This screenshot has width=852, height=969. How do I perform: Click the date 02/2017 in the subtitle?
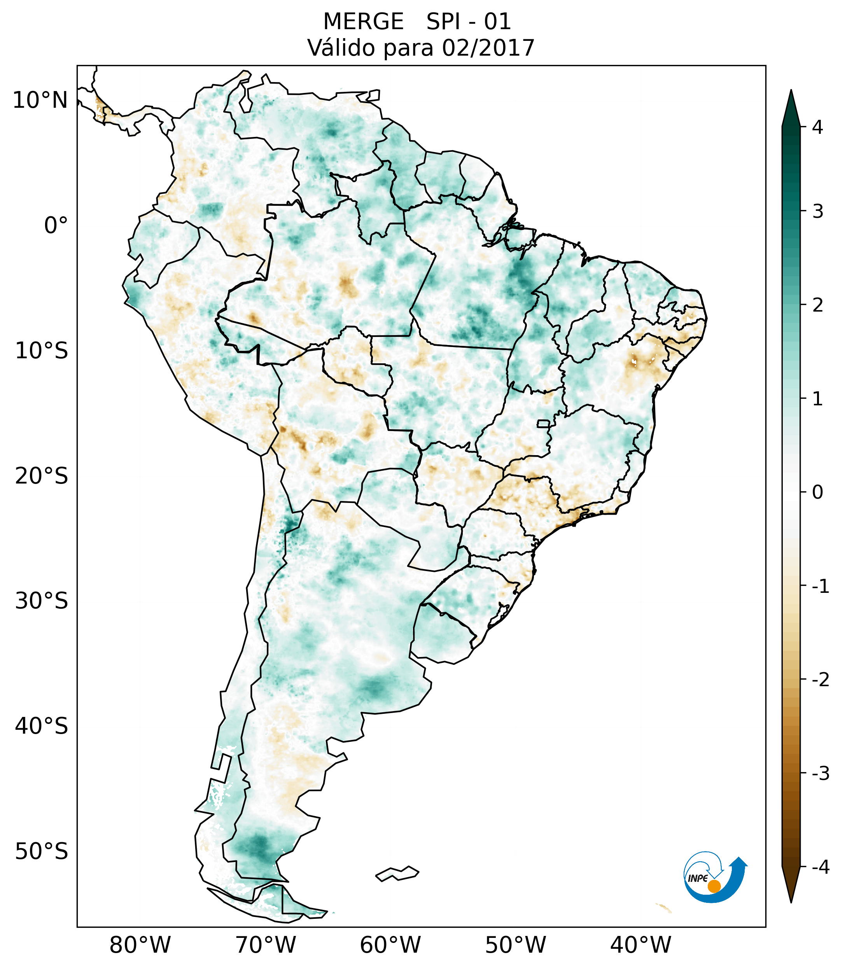tap(488, 48)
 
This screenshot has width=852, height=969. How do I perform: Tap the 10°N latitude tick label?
tap(40, 100)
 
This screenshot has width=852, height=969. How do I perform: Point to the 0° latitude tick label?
tap(56, 226)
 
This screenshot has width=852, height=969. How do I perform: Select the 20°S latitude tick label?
tap(42, 476)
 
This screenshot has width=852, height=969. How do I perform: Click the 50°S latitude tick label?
tap(42, 852)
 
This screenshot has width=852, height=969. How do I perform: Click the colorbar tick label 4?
tap(817, 127)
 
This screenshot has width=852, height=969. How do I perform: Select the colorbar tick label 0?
tap(817, 492)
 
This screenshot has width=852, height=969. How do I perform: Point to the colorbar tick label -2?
tap(820, 680)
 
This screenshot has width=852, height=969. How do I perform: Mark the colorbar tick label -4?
tap(820, 867)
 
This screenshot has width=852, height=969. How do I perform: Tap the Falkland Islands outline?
tap(397, 873)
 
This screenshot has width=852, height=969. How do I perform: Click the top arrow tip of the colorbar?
tap(791, 91)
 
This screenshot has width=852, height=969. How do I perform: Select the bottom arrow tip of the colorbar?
tap(791, 901)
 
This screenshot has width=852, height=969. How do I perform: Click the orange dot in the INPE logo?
tap(714, 886)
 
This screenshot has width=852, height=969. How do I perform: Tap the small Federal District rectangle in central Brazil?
tap(544, 423)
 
